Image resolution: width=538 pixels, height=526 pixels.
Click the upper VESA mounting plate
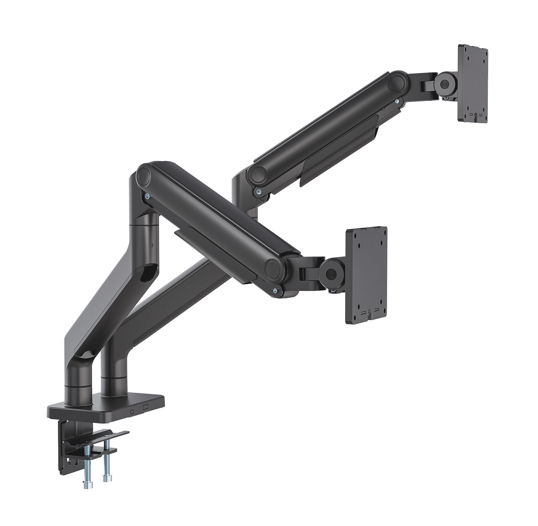pos(473,83)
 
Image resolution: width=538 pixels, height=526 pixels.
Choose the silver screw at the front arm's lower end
pos(275,290)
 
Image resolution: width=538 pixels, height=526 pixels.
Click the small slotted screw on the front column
pos(151,237)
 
